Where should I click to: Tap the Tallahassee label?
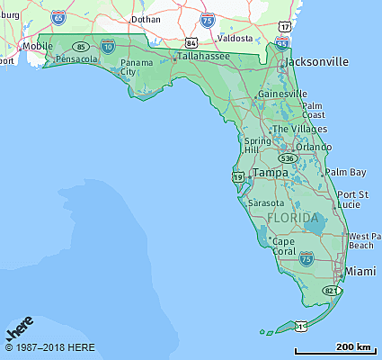coord(203,56)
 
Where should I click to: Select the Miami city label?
coord(360,271)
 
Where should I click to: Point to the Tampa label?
coord(270,172)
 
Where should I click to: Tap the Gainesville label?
coord(282,94)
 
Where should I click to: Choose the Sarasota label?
coord(266,202)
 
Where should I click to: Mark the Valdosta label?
coord(235,39)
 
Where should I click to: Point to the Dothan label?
coord(145,18)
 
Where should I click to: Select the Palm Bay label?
coord(345,172)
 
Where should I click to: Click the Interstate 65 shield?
coord(58,16)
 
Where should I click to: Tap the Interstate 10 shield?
coord(108,44)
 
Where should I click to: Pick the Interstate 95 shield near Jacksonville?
coord(282,42)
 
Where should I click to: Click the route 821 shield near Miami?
coord(332,291)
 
